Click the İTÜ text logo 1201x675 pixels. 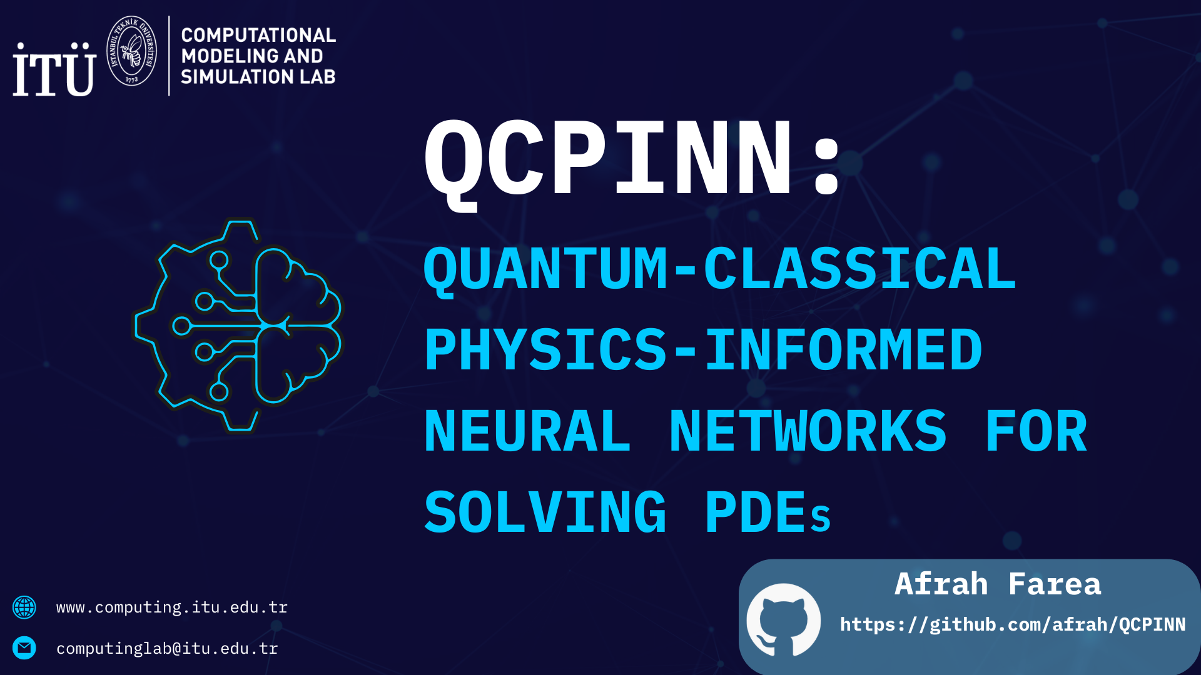coord(54,69)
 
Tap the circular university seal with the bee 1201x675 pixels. coord(131,51)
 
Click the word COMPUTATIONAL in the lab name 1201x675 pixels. coord(258,35)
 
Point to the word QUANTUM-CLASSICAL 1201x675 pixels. coord(720,269)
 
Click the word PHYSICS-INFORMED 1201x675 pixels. coord(703,350)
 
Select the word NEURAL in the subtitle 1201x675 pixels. coord(527,431)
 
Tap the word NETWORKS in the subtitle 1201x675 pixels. coord(808,431)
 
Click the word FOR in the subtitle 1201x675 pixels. coord(1036,431)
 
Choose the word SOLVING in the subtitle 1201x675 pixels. coord(545,512)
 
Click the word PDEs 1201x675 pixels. coord(768,512)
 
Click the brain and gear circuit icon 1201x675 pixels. coord(238,325)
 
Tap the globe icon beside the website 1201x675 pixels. coord(24,607)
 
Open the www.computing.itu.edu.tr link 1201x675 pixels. coord(172,607)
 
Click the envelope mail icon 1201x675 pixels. coord(24,648)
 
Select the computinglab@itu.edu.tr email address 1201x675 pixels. coord(167,649)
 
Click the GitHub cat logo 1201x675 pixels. coord(784,619)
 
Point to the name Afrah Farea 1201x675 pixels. coord(998,584)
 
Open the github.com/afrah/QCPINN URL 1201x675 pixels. coord(1013,624)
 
